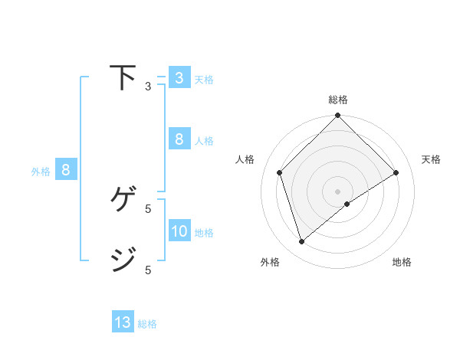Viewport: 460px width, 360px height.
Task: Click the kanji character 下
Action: (123, 78)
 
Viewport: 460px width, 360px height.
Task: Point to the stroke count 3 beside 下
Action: (148, 87)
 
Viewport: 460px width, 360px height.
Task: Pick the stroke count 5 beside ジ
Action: (148, 270)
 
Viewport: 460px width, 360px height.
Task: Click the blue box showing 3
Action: (179, 78)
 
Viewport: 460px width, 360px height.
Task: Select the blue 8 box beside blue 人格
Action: (179, 139)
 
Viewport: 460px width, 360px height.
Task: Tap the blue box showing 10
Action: (179, 231)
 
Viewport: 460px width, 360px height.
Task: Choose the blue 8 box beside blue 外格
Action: (65, 170)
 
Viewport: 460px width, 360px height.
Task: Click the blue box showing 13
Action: (123, 322)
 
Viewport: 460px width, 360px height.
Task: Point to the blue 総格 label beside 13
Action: (147, 324)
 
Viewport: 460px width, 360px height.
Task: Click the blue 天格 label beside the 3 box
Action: (204, 80)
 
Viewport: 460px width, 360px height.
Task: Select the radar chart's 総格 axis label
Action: (338, 100)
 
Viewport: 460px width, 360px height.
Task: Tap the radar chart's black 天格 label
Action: (431, 159)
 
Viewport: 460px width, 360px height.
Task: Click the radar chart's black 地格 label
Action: (402, 262)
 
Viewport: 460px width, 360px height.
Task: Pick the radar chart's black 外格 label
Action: (270, 262)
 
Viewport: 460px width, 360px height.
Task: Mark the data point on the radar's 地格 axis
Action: (347, 204)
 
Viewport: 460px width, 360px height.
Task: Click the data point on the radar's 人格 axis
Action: (280, 172)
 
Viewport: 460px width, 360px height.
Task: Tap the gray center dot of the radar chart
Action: (337, 191)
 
